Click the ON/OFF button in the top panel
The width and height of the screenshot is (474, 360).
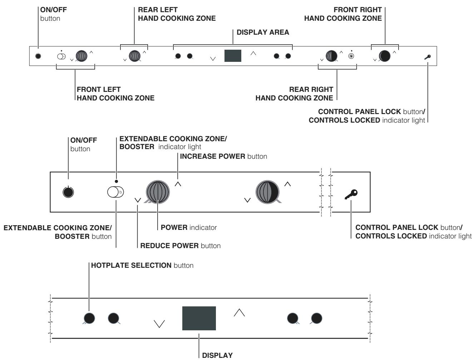38,56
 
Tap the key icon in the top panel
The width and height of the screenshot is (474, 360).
428,56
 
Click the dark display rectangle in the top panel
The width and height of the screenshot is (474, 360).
233,56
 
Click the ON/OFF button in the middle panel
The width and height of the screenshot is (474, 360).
68,192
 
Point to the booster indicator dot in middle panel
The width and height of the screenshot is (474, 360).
116,181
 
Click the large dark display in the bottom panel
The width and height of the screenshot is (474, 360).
199,318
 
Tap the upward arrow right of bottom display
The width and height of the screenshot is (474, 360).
239,312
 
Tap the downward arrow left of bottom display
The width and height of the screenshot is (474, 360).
159,324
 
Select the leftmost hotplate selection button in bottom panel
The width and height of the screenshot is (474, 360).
89,317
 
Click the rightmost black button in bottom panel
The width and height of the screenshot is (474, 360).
316,317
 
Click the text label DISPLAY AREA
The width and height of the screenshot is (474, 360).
263,33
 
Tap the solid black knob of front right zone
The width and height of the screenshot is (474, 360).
385,56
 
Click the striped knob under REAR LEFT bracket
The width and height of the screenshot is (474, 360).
134,56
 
